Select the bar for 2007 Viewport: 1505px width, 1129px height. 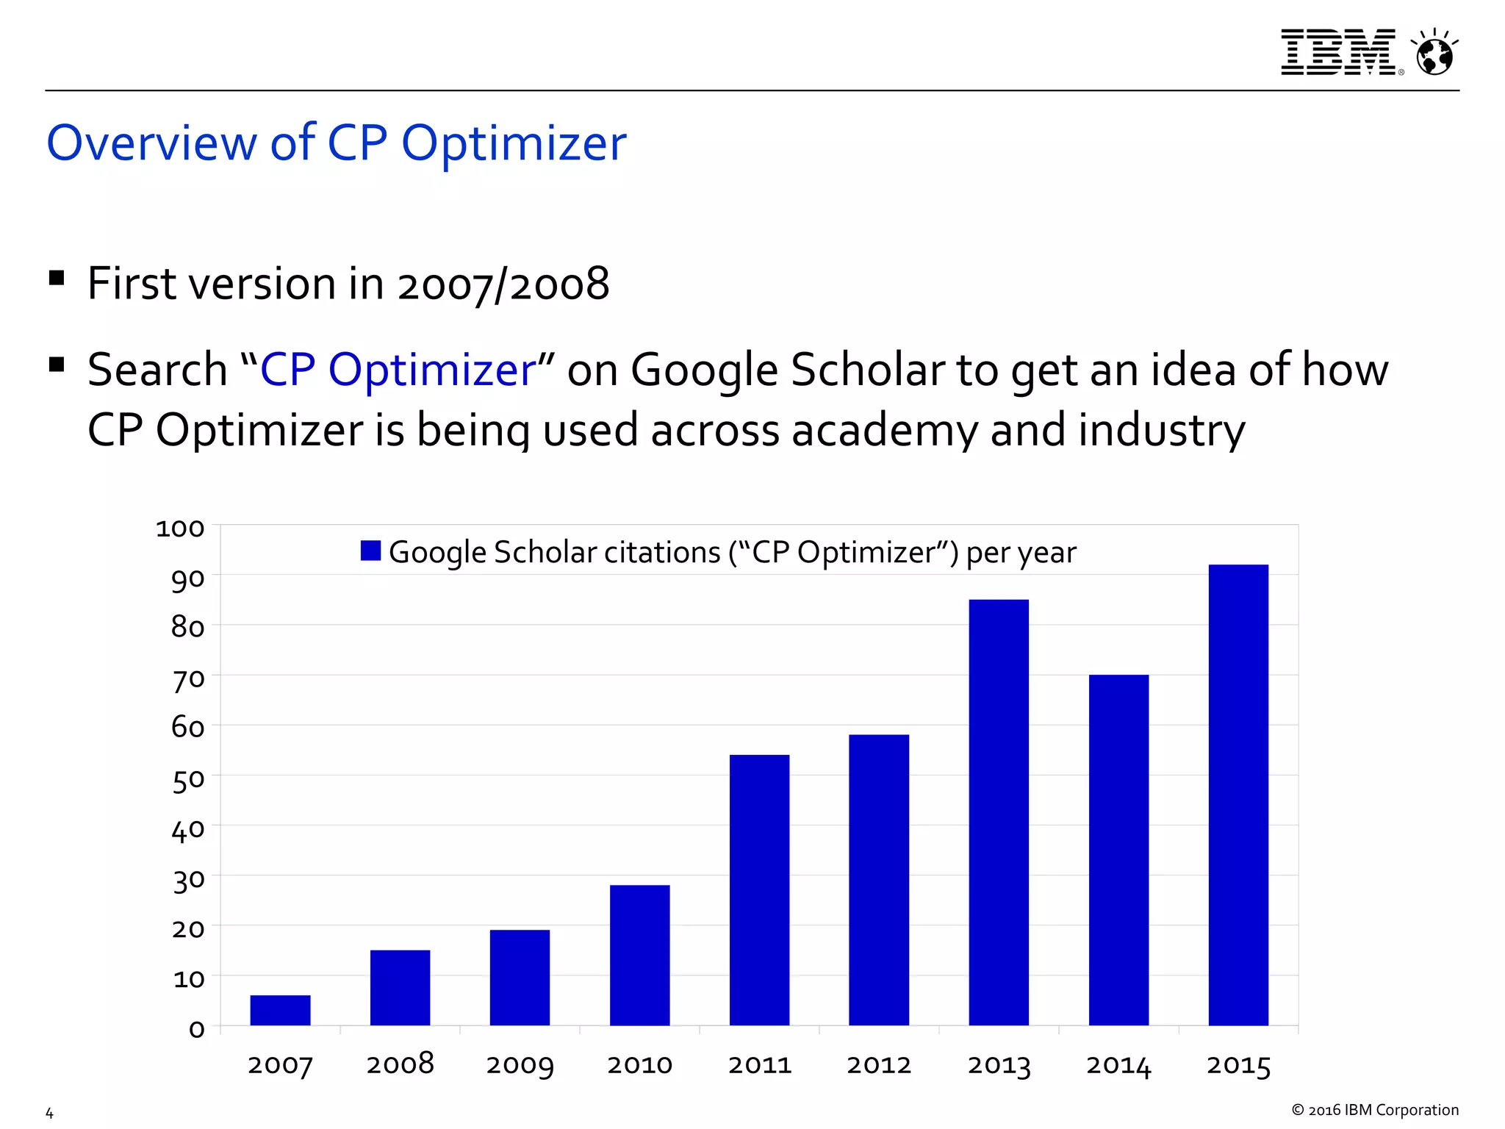(x=280, y=1010)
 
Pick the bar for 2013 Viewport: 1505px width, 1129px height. (x=999, y=812)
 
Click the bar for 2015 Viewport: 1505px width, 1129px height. (x=1238, y=795)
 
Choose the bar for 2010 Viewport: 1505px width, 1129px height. (x=639, y=955)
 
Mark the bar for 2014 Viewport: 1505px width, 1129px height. (x=1118, y=850)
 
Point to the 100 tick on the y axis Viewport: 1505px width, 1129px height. (x=180, y=528)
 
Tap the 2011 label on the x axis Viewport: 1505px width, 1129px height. (x=759, y=1065)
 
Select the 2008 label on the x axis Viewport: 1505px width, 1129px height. (x=400, y=1064)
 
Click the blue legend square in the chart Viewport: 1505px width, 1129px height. (x=370, y=551)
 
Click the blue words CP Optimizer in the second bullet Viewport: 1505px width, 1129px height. (x=398, y=369)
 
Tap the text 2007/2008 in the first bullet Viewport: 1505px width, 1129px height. (x=503, y=284)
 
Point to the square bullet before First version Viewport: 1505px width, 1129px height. (x=57, y=279)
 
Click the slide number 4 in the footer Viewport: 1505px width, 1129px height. (x=49, y=1113)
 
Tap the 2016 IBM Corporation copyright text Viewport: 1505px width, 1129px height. (x=1375, y=1110)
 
